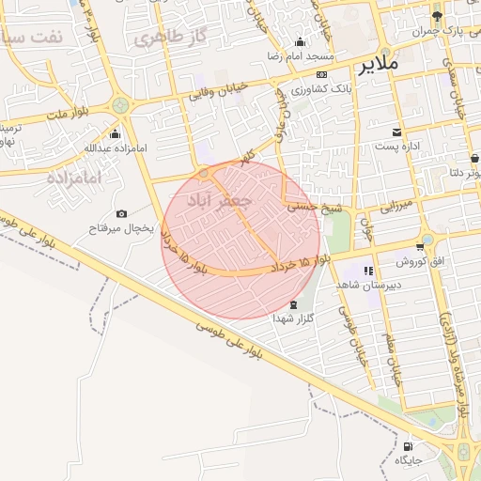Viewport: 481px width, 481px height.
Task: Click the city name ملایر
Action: point(379,65)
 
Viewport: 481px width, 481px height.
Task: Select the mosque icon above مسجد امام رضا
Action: point(300,41)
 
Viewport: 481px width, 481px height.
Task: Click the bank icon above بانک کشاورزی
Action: point(321,73)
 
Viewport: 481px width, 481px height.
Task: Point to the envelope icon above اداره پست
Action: point(398,132)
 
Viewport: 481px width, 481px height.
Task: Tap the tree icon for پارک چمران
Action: point(437,16)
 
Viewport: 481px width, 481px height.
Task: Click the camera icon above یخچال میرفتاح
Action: point(121,213)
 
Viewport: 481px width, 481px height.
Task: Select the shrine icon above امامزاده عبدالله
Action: point(115,133)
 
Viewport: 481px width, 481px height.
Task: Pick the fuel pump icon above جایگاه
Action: point(408,446)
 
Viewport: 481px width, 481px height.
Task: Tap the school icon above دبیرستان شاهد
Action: point(368,271)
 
